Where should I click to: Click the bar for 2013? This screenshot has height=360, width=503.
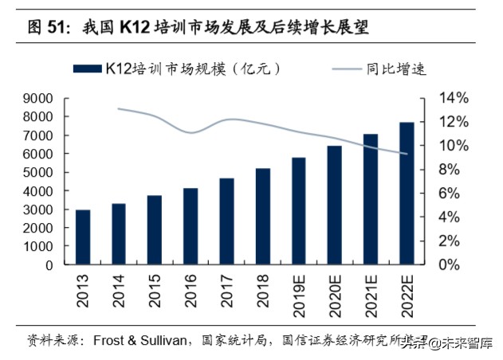point(83,237)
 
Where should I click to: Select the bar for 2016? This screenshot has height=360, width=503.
point(191,226)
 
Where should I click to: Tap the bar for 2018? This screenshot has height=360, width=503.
point(262,216)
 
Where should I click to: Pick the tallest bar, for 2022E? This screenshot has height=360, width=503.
point(406,193)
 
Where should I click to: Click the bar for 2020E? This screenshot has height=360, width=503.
point(334,205)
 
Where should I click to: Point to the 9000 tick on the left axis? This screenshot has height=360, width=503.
point(38,99)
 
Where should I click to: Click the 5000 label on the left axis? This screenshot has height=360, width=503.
point(38,172)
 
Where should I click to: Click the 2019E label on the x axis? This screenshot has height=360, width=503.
point(298,294)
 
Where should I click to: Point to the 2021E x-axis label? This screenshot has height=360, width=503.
point(370,294)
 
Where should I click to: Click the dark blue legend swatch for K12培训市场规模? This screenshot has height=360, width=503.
point(87,68)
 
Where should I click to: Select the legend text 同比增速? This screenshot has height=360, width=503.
point(397,68)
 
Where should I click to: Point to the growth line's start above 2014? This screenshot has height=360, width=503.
point(118,108)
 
